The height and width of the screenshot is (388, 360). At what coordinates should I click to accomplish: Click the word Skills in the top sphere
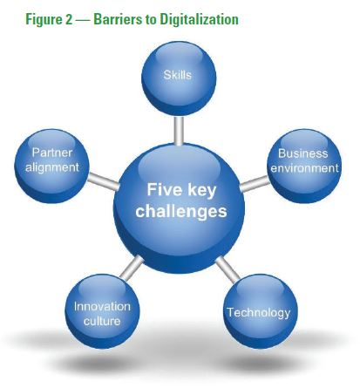[x=177, y=75]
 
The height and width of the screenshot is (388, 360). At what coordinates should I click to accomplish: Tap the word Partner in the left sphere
[x=52, y=153]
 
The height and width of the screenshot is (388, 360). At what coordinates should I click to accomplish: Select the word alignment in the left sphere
[x=52, y=167]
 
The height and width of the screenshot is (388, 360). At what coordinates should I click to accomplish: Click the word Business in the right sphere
[x=302, y=153]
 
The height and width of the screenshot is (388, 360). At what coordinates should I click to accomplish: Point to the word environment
[x=304, y=168]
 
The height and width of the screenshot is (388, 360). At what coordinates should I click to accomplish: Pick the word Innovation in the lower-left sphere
[x=102, y=307]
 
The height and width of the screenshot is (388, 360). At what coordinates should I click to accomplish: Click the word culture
[x=102, y=321]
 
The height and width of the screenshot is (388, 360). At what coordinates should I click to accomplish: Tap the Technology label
[x=259, y=313]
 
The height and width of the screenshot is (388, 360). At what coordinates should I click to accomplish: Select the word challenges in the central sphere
[x=181, y=211]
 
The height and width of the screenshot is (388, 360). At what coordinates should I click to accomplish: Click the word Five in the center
[x=164, y=190]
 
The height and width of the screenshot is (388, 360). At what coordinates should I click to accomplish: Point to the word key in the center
[x=202, y=191]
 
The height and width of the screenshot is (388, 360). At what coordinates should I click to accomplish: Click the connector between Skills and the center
[x=179, y=130]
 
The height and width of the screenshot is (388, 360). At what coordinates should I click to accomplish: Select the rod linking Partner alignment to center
[x=103, y=181]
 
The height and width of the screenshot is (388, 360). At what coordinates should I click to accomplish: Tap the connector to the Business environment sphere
[x=255, y=184]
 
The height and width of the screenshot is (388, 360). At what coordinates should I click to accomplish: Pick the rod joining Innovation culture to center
[x=132, y=268]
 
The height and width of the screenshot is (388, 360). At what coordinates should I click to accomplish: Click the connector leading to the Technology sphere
[x=228, y=269]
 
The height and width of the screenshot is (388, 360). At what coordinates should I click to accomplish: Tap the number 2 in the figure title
[x=69, y=20]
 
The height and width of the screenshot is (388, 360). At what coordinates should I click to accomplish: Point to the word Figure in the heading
[x=44, y=20]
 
